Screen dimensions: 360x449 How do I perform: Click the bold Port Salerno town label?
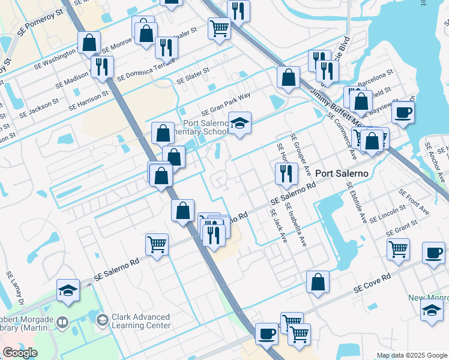[x=341, y=170]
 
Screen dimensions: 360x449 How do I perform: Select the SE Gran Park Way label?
[x=225, y=103]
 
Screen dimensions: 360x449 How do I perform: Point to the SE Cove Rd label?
[x=372, y=281]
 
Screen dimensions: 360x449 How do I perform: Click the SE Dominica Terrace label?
[x=146, y=70]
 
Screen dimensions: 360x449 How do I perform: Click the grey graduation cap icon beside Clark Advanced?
[x=102, y=319]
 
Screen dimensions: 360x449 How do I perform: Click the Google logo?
[x=20, y=352]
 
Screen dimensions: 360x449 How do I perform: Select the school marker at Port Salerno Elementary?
[x=240, y=124]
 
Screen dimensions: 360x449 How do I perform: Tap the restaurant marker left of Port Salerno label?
[x=286, y=173]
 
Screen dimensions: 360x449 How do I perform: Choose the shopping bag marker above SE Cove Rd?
[x=318, y=281]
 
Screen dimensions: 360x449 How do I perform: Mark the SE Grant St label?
[x=402, y=229]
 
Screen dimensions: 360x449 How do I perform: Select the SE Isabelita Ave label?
[x=298, y=227]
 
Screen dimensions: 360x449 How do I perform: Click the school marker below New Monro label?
[x=431, y=310]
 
